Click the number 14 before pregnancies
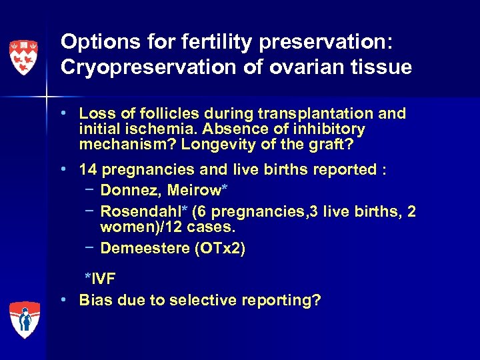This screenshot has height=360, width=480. point(88,169)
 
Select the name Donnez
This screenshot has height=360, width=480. point(130,191)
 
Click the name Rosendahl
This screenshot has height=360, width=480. point(139,211)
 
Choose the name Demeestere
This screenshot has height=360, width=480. point(149,249)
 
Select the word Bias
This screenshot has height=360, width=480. point(94,301)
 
